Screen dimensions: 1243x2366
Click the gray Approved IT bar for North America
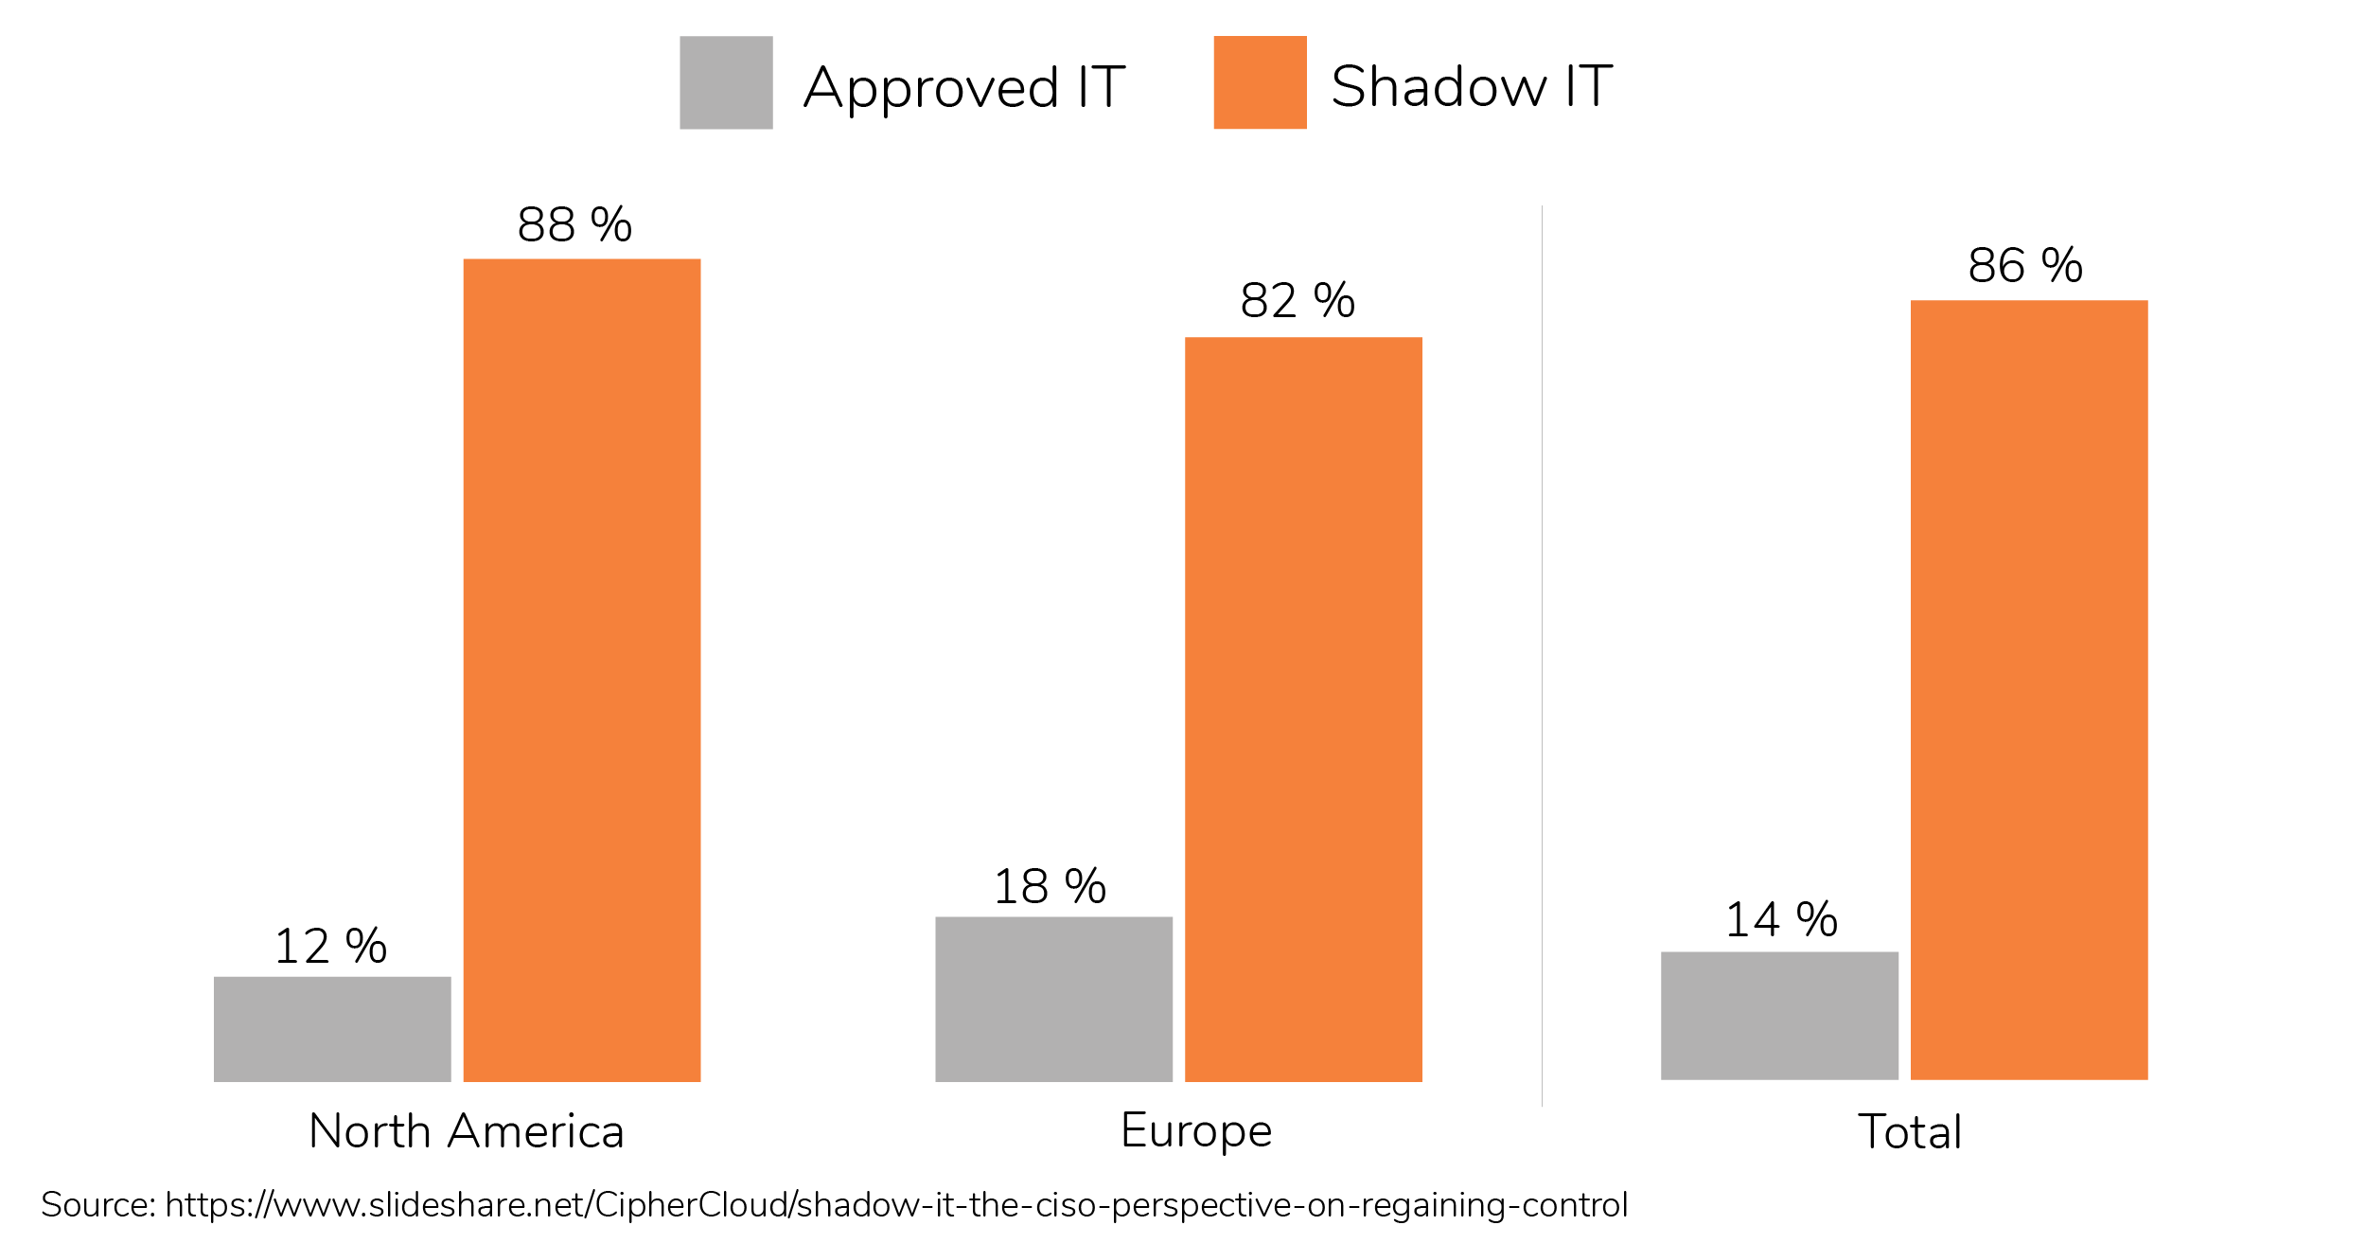click(x=332, y=1028)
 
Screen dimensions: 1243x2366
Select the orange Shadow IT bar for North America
click(x=581, y=669)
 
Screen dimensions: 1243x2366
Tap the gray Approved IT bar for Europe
click(x=1053, y=999)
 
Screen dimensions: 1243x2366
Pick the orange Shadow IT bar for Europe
click(x=1303, y=709)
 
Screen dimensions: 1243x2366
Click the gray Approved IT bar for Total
click(x=1779, y=1015)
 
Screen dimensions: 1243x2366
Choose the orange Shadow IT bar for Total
click(x=2029, y=689)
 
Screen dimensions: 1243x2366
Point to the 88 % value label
click(x=574, y=225)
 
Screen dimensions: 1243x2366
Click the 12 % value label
click(x=330, y=947)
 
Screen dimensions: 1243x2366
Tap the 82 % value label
click(x=1298, y=301)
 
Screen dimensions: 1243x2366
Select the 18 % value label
click(x=1050, y=887)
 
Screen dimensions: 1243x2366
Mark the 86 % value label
click(x=2025, y=265)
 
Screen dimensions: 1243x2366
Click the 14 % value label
click(x=1781, y=920)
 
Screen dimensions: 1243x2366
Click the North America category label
click(x=467, y=1131)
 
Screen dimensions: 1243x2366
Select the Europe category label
click(x=1196, y=1131)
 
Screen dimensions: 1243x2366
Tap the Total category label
click(x=1910, y=1132)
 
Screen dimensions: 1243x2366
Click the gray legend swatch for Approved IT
click(x=726, y=82)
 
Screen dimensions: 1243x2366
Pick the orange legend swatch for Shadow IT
click(x=1260, y=82)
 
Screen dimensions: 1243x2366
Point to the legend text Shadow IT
click(x=1471, y=86)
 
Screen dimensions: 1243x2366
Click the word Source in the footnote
click(x=97, y=1205)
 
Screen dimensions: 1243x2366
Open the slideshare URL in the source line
click(x=895, y=1205)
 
